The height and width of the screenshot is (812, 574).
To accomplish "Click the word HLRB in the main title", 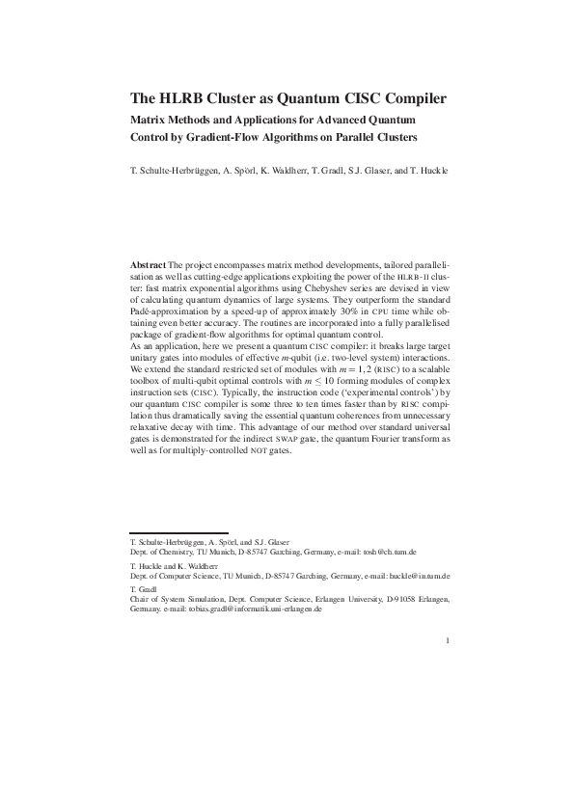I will coord(179,97).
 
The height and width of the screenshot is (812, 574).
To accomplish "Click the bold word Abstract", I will coord(148,263).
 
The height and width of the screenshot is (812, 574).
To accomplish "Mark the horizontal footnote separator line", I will coord(178,532).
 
